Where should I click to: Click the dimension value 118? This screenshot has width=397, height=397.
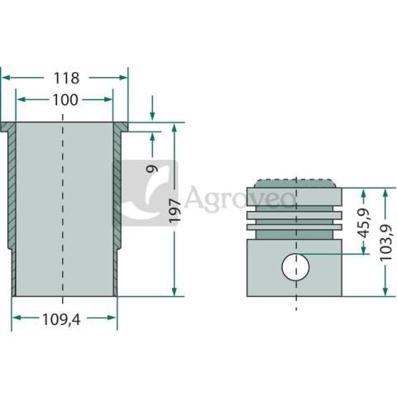(x=66, y=78)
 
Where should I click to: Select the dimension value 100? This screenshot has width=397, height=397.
(x=65, y=100)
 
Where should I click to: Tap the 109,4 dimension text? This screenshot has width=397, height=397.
(x=61, y=320)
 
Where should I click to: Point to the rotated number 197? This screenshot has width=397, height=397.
(x=175, y=211)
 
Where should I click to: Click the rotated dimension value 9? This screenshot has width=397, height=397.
(x=152, y=168)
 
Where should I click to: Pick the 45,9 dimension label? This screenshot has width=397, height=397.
(x=364, y=223)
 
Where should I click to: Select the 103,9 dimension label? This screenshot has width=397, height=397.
(x=386, y=242)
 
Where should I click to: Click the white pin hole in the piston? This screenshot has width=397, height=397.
(x=295, y=267)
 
